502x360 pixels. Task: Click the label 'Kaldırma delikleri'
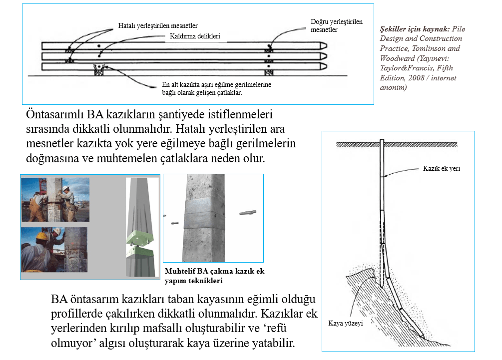pyautogui.click(x=192, y=36)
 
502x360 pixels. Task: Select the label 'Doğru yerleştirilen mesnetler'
pyautogui.click(x=336, y=25)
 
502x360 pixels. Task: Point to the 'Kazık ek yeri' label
pyautogui.click(x=441, y=168)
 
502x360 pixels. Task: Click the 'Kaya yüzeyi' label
pyautogui.click(x=345, y=323)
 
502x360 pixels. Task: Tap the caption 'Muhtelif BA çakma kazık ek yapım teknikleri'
pyautogui.click(x=214, y=276)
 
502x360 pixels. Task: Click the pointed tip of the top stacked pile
pyautogui.click(x=324, y=45)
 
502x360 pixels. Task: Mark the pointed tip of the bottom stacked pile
pyautogui.click(x=324, y=66)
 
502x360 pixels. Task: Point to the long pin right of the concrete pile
pyautogui.click(x=248, y=213)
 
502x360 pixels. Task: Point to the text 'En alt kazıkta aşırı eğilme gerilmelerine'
pyautogui.click(x=216, y=85)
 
